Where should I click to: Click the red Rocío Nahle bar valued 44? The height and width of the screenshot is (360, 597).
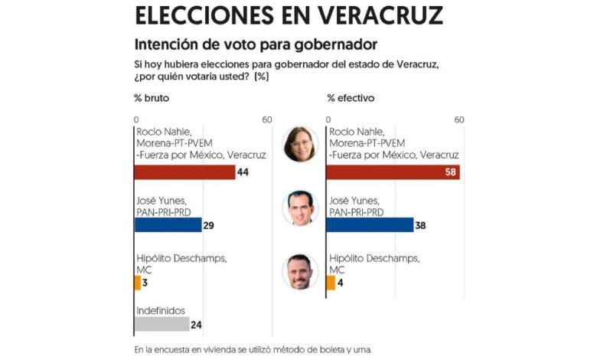(x=184, y=172)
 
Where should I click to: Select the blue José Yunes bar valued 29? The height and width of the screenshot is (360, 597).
(x=168, y=225)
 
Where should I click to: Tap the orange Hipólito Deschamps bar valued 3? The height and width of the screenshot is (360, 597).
(x=138, y=283)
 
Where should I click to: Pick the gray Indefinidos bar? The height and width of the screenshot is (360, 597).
(x=161, y=324)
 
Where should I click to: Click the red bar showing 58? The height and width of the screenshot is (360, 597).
(x=393, y=172)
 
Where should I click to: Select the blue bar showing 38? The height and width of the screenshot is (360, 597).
(x=370, y=225)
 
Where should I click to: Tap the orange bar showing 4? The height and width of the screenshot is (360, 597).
(x=331, y=283)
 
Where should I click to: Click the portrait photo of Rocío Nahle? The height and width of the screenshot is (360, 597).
(x=300, y=144)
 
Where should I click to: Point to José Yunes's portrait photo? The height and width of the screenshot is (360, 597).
(x=300, y=207)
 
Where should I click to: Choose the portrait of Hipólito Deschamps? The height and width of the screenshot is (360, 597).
(x=300, y=271)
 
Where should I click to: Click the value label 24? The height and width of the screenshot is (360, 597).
(x=196, y=325)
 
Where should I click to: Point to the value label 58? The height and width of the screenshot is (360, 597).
(x=451, y=172)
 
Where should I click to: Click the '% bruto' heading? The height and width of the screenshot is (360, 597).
(x=151, y=98)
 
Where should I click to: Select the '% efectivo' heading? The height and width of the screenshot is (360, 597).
(x=351, y=98)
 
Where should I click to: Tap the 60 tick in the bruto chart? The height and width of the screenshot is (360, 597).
(x=266, y=119)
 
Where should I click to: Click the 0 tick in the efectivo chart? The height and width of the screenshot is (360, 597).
(x=328, y=119)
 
